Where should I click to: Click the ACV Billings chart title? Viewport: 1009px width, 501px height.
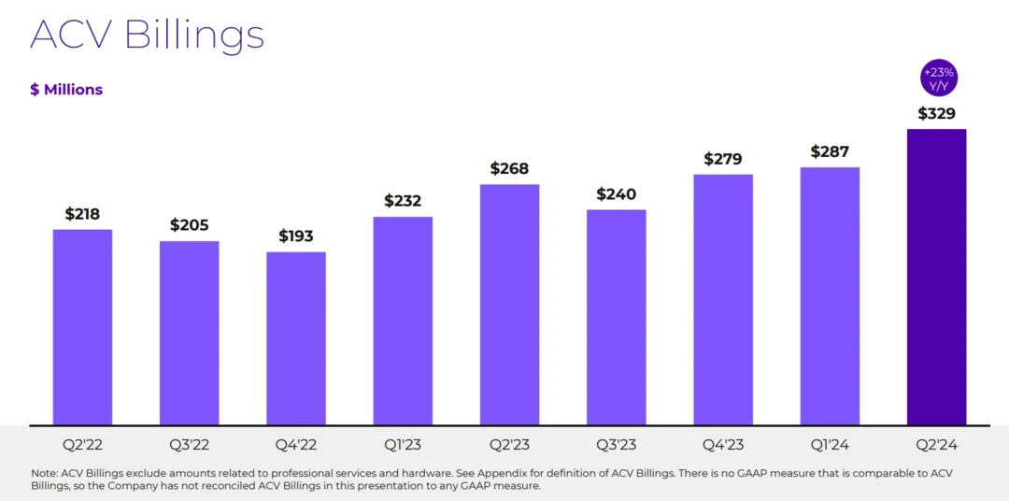(147, 35)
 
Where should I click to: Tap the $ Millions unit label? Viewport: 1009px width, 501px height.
(66, 90)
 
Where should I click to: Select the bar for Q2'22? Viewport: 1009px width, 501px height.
(82, 327)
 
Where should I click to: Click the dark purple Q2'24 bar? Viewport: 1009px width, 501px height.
(936, 277)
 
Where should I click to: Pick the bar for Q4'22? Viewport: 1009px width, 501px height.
(295, 338)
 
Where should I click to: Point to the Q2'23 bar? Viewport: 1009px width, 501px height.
(509, 305)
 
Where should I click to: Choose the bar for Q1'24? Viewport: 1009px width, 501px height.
(830, 296)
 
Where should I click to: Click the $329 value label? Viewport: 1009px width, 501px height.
(936, 114)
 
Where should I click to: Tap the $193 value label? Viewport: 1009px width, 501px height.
(295, 236)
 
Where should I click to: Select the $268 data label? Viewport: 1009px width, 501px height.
(509, 169)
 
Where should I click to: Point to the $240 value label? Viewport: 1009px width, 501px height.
(616, 194)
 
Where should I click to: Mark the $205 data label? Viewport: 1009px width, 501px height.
(189, 225)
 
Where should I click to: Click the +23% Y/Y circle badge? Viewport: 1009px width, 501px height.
(938, 79)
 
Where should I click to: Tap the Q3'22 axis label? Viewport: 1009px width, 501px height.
(189, 445)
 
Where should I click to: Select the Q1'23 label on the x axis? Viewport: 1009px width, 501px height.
(403, 445)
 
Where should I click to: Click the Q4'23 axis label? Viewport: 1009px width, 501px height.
(723, 445)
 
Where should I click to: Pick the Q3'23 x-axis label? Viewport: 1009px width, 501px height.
(616, 445)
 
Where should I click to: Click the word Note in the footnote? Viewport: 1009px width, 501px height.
(44, 473)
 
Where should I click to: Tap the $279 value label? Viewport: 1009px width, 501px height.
(723, 159)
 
